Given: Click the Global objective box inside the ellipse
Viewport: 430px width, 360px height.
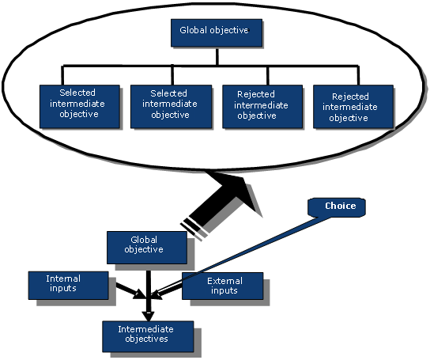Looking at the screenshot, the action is point(217,32).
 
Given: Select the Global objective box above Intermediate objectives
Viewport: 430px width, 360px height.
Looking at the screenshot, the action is point(147,248).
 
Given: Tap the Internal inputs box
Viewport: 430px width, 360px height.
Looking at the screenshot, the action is point(68,286).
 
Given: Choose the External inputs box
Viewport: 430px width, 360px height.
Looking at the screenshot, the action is point(222,286).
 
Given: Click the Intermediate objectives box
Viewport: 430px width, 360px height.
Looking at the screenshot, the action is point(148,336).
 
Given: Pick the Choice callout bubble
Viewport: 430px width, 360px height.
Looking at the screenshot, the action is point(337,207).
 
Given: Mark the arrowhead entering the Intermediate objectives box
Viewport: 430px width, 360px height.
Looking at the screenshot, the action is point(148,316).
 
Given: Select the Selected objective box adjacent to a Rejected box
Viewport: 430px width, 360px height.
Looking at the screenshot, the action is point(171,107).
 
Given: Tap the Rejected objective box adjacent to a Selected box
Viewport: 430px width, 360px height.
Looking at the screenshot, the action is point(262,107).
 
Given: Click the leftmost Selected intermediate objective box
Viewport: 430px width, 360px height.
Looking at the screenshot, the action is point(80,107).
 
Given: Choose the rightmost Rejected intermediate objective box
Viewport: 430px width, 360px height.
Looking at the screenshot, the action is point(353,107).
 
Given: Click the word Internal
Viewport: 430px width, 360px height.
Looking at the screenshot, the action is point(63,279).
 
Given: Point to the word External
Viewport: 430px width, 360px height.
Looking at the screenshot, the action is point(224,281).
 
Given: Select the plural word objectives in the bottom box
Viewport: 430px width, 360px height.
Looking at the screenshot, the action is point(146,339).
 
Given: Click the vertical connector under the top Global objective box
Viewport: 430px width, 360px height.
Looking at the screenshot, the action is point(217,56).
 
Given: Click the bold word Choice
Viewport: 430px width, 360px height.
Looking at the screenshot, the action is point(341,206).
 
